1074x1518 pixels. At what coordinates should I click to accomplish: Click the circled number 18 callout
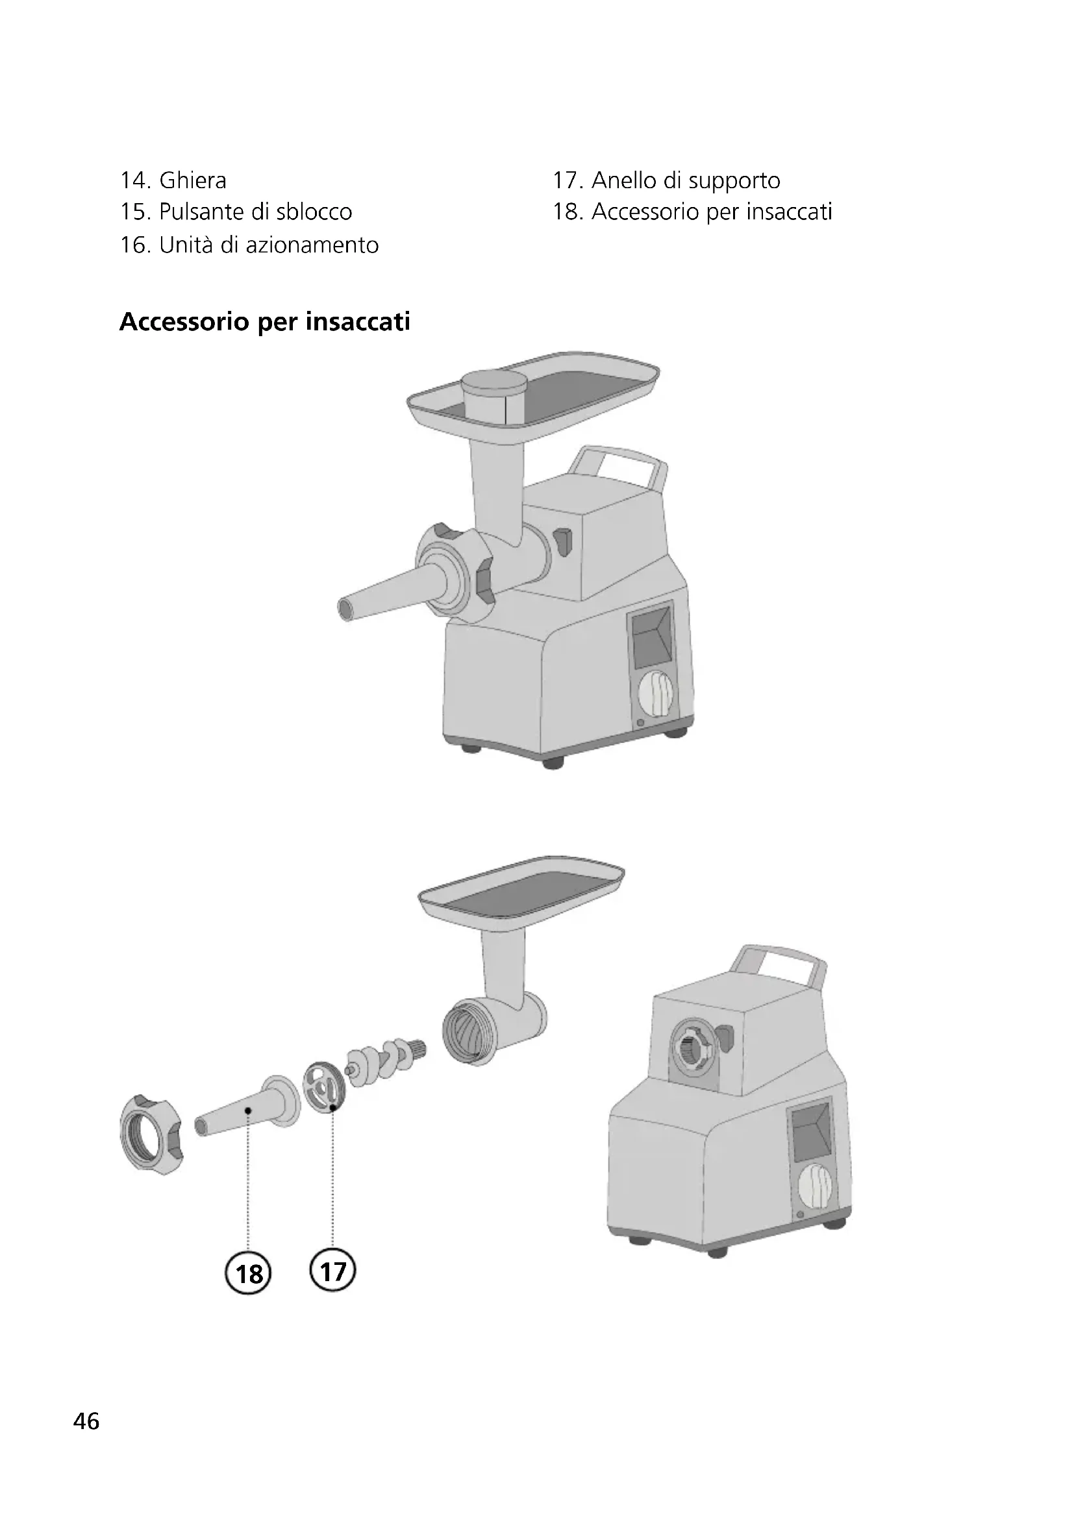pyautogui.click(x=249, y=1273)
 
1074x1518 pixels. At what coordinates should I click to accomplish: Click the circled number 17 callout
pyautogui.click(x=332, y=1270)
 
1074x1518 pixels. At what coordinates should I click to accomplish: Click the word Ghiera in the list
pyautogui.click(x=193, y=180)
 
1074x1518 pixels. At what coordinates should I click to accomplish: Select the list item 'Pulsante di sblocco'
pyautogui.click(x=255, y=212)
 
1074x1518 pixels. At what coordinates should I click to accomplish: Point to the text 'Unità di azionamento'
pyautogui.click(x=269, y=245)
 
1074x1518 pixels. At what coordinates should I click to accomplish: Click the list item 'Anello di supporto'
pyautogui.click(x=686, y=180)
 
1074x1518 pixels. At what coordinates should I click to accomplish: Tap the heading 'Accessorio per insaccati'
pyautogui.click(x=264, y=322)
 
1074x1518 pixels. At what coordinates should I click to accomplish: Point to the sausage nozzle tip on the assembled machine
pyautogui.click(x=347, y=607)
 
